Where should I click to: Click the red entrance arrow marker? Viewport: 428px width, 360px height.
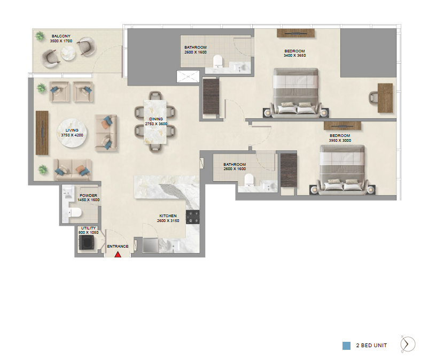(118, 255)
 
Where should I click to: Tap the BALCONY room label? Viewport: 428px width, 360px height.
(61, 36)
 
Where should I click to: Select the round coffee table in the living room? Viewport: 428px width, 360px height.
(72, 133)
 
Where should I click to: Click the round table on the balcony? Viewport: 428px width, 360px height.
(68, 53)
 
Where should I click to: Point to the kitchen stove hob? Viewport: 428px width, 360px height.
(193, 217)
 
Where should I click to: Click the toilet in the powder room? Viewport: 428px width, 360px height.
(75, 212)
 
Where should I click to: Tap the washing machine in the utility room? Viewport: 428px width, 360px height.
(87, 242)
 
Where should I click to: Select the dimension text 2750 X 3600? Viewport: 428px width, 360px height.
(156, 124)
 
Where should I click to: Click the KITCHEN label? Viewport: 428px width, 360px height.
(168, 216)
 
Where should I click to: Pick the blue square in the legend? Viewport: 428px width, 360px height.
(346, 346)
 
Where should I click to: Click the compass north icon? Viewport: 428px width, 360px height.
(407, 344)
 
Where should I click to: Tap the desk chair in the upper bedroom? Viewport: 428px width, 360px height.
(373, 97)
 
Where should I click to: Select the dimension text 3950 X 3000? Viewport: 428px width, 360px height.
(340, 141)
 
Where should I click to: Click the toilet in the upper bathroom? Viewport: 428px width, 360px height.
(218, 61)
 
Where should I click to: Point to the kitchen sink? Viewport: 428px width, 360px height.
(173, 245)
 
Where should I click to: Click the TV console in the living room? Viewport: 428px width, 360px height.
(42, 133)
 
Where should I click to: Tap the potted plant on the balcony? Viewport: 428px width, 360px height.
(40, 36)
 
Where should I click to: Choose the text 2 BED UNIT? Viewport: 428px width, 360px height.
(371, 346)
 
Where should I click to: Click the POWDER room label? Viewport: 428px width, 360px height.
(89, 195)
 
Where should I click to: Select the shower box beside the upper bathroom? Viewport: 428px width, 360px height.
(188, 76)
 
